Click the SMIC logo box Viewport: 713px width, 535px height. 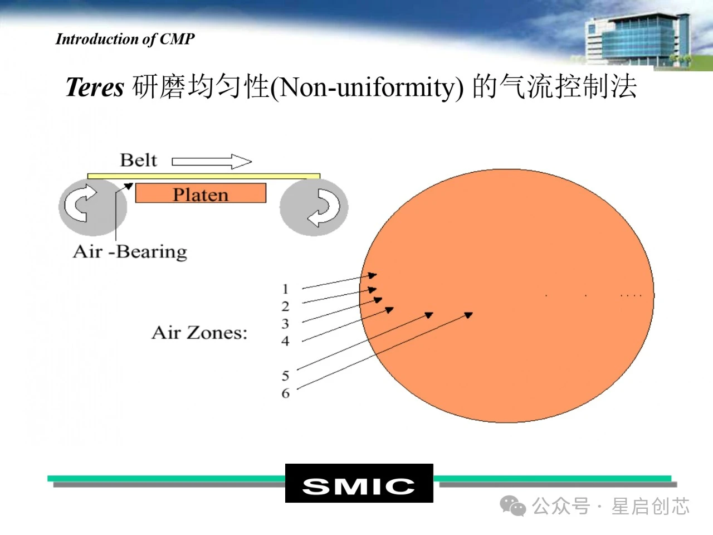tap(359, 483)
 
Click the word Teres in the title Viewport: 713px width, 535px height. tap(95, 87)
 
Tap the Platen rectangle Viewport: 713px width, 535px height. tap(201, 193)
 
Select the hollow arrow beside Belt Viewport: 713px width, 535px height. tap(212, 162)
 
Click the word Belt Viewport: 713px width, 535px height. tap(138, 160)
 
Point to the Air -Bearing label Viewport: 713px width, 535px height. tap(130, 252)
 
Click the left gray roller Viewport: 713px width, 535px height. tap(93, 207)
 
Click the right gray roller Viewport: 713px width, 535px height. tap(314, 207)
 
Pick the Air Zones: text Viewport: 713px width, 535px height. tap(199, 333)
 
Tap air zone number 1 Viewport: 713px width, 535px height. tap(285, 289)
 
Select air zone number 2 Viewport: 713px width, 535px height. tap(285, 307)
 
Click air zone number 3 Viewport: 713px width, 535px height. tap(285, 324)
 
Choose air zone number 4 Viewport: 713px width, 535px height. tap(285, 341)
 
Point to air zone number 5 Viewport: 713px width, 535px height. tap(285, 376)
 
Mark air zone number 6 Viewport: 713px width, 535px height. tap(286, 393)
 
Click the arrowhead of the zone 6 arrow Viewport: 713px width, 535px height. tap(468, 315)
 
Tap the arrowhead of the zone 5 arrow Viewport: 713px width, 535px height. tap(429, 315)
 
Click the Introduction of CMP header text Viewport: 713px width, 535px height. tap(125, 40)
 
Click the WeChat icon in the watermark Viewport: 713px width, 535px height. tap(512, 505)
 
